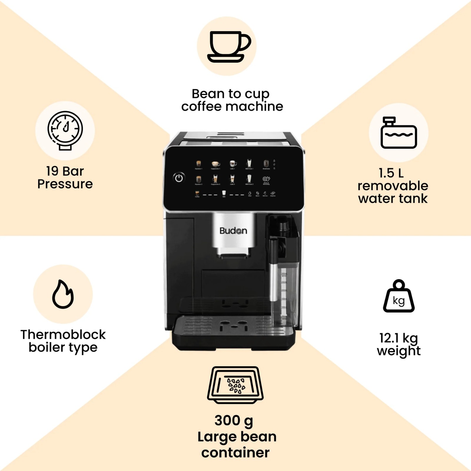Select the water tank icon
[x=399, y=133]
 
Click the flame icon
[x=63, y=294]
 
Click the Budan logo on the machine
[x=233, y=231]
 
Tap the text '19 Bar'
[x=65, y=171]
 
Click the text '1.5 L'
[x=391, y=173]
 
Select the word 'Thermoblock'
[x=63, y=335]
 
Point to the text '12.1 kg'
[x=398, y=338]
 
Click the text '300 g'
[x=234, y=421]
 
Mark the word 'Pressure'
[x=65, y=184]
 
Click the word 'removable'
[x=393, y=186]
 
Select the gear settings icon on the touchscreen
[x=266, y=179]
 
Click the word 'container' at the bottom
[x=235, y=453]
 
